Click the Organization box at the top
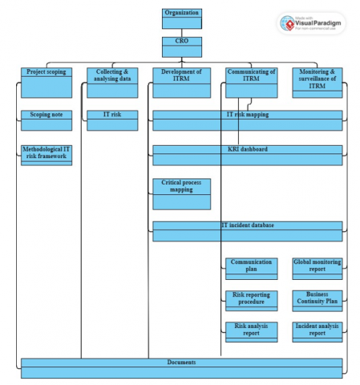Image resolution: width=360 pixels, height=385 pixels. (181, 18)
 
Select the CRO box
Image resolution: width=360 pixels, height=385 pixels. (181, 47)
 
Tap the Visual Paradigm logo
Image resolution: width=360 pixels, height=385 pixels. (312, 24)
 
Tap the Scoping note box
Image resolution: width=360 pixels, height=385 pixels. (46, 120)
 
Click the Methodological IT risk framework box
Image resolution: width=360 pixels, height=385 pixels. (46, 155)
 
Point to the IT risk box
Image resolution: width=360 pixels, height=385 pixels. (111, 120)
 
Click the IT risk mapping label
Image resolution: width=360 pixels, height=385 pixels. (247, 115)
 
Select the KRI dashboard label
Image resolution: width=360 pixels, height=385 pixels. (247, 150)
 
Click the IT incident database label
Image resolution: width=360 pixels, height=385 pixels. (247, 226)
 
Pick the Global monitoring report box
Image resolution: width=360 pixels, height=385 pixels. (317, 268)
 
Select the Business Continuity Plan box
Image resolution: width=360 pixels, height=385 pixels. (317, 300)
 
